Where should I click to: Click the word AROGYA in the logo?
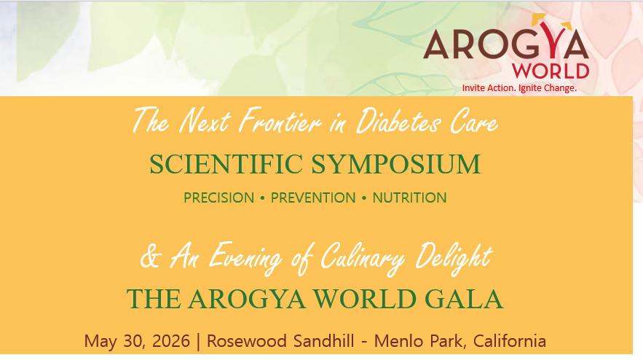click(506, 46)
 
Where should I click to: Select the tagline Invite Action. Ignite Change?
click(519, 88)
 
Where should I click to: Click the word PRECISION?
click(219, 197)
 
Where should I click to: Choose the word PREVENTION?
click(313, 197)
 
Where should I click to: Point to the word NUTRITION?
click(409, 197)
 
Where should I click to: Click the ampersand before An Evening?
click(149, 257)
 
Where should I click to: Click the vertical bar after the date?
click(199, 340)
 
